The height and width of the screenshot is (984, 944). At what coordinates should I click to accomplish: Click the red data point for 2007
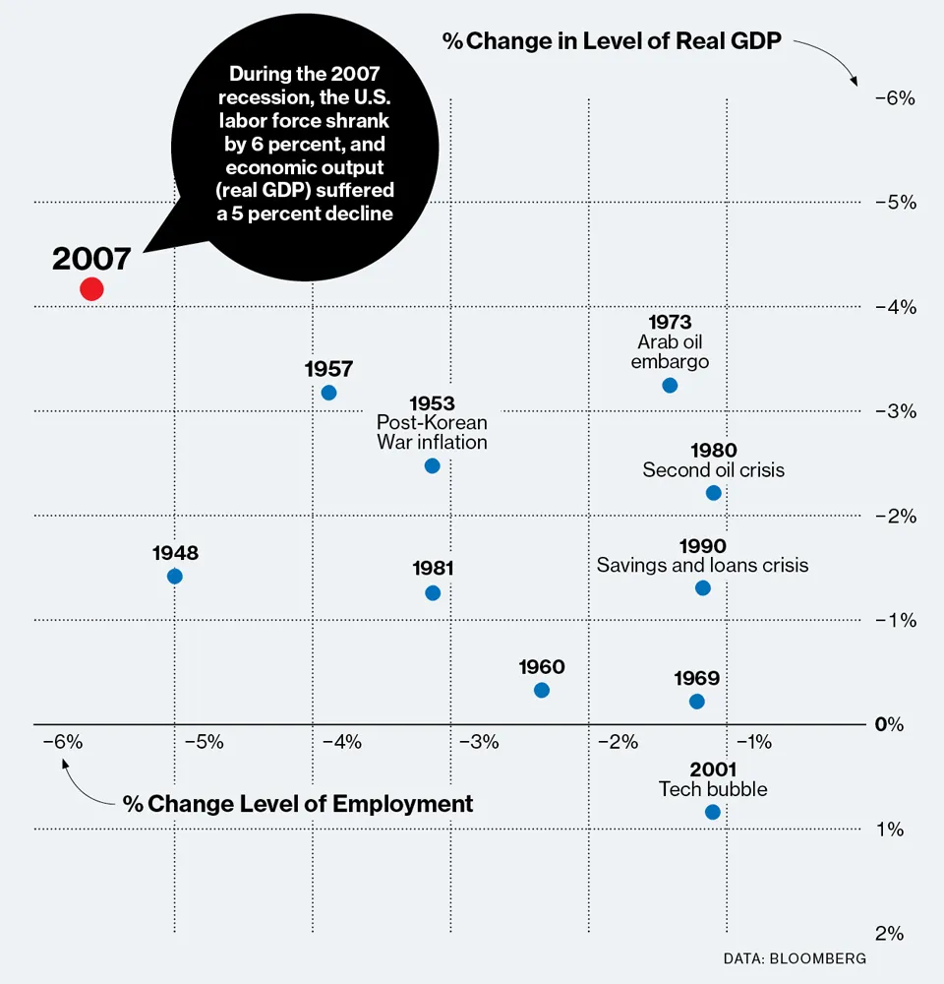91,288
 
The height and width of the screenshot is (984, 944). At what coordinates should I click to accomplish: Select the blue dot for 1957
328,393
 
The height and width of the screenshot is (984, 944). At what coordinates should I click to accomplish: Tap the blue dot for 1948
174,576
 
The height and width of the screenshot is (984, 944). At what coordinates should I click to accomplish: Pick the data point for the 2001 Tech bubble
713,812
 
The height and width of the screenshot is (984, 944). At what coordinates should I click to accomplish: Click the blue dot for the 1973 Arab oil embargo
670,385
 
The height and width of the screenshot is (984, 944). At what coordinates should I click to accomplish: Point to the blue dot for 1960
542,690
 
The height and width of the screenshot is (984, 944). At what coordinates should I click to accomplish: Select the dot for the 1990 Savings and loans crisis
703,587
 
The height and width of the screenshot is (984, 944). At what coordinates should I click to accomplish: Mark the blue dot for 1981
433,592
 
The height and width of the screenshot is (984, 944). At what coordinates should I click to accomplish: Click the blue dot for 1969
697,702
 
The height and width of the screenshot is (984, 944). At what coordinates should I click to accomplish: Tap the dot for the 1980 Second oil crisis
714,492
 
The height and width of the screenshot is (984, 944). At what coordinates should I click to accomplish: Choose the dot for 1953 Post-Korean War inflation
432,465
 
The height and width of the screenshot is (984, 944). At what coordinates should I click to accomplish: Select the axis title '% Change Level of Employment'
298,804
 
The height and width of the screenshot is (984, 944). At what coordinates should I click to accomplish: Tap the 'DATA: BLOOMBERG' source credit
795,957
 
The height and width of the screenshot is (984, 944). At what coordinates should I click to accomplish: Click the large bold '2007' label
90,259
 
